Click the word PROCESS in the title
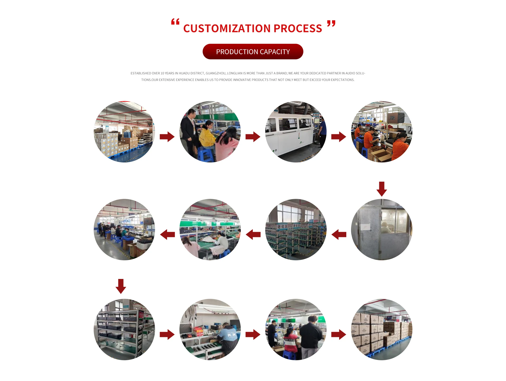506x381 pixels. point(298,28)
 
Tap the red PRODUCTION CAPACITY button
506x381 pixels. point(253,52)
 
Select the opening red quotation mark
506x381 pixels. point(175,22)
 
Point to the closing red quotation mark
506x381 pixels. point(331,24)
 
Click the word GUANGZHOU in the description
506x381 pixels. point(215,73)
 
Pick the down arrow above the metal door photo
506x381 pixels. point(382,189)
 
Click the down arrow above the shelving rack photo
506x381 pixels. point(121,286)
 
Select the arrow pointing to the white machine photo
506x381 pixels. point(253,137)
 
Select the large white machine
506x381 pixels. point(290,134)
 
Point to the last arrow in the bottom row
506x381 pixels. point(339,334)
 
